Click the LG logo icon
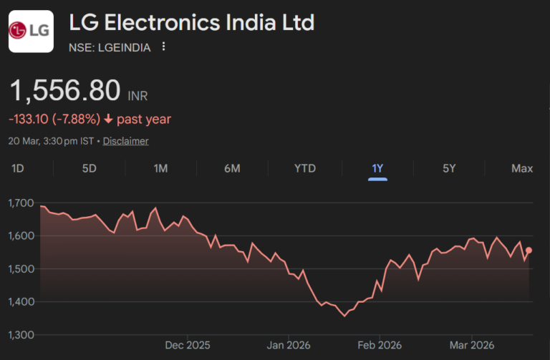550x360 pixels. click(x=31, y=31)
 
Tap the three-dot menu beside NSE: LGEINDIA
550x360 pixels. click(x=164, y=47)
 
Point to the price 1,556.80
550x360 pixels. click(x=64, y=91)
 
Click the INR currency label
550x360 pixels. click(x=137, y=96)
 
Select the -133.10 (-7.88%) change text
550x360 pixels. click(x=54, y=119)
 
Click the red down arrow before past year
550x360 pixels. click(x=108, y=119)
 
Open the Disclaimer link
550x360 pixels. click(x=125, y=141)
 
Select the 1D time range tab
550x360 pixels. click(x=19, y=168)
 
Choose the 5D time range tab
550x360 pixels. click(x=89, y=168)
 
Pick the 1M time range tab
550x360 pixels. click(x=160, y=168)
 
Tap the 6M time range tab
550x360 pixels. click(x=232, y=168)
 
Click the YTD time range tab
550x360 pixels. click(x=305, y=168)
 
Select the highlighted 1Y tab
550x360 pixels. click(x=377, y=168)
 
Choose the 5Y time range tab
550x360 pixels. click(x=449, y=168)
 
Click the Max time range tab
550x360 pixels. click(x=522, y=168)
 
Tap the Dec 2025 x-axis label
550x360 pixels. click(x=188, y=345)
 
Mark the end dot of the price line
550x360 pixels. click(x=529, y=250)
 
